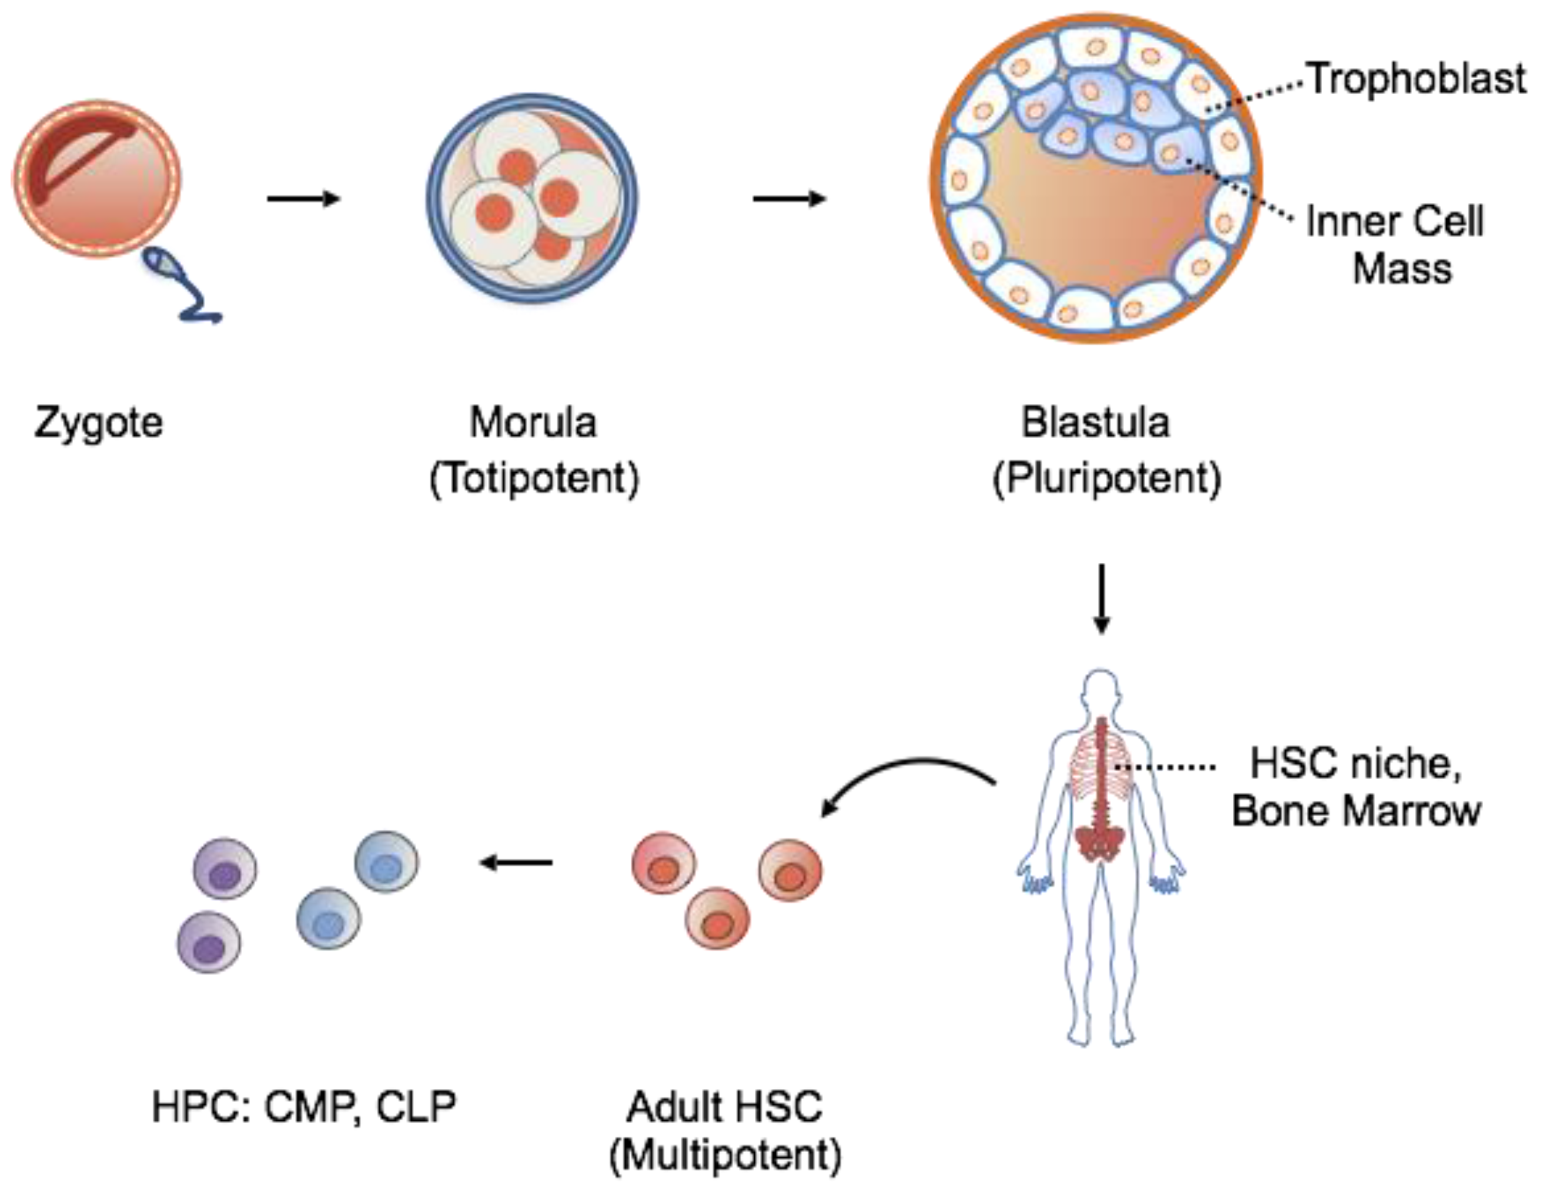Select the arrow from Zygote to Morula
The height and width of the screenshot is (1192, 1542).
click(x=303, y=199)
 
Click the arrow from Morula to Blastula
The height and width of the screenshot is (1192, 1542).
click(x=790, y=199)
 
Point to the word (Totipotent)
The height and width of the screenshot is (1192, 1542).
click(x=534, y=479)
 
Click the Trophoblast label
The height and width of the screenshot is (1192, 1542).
click(x=1416, y=78)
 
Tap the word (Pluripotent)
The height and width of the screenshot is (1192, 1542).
click(x=1107, y=479)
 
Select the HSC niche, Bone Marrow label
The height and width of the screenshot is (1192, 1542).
click(x=1356, y=787)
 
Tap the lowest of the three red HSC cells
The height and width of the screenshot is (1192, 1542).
click(x=717, y=918)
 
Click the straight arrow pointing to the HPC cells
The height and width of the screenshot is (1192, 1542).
click(x=516, y=862)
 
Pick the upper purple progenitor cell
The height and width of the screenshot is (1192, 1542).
click(x=225, y=869)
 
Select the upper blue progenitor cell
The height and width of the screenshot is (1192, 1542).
click(x=386, y=862)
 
